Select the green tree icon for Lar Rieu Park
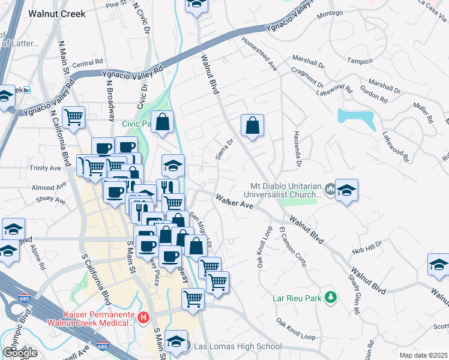click(330, 297)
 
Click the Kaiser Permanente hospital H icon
click(143, 317)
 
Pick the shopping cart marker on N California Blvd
click(73, 117)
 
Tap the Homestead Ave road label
click(259, 55)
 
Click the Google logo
click(20, 352)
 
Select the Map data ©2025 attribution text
click(423, 355)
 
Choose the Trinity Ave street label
click(47, 169)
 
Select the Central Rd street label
click(87, 64)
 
